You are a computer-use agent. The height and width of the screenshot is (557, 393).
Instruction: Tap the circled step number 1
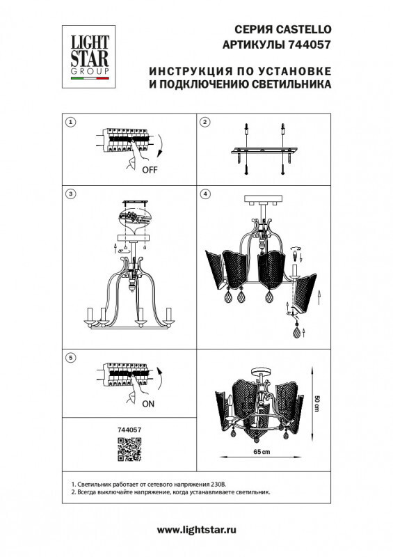(70, 123)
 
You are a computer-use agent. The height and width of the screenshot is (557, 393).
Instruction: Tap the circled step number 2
(205, 123)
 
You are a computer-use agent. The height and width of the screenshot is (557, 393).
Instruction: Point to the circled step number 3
(70, 192)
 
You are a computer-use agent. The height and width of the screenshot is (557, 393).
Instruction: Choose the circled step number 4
(205, 192)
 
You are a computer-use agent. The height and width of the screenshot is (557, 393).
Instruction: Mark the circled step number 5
(70, 357)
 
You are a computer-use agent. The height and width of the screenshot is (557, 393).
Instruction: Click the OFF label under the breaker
(150, 169)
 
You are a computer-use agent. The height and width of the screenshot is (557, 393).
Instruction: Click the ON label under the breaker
(148, 403)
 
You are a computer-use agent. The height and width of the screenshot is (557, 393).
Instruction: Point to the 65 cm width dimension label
(261, 453)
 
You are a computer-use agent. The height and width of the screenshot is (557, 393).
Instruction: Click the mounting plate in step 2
(264, 152)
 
